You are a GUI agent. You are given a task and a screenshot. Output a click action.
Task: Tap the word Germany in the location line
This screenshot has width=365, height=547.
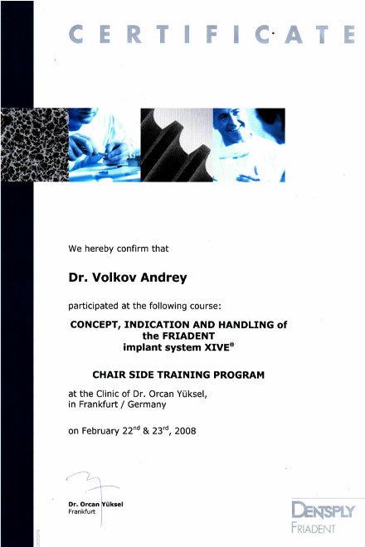pos(147,404)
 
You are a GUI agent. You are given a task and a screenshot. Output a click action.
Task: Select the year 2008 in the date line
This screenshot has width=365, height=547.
pos(185,431)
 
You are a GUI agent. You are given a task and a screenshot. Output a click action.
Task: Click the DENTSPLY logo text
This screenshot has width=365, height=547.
pos(323,510)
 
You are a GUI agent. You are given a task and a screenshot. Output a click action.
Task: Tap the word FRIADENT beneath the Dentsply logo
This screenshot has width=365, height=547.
pos(313,528)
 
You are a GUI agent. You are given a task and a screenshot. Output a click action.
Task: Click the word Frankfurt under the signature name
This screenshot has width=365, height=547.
pos(82,511)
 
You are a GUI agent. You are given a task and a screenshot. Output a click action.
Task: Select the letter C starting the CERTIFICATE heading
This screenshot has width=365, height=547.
pos(75,35)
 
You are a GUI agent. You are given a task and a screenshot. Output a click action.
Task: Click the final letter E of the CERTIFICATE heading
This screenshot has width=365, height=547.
pos(349,35)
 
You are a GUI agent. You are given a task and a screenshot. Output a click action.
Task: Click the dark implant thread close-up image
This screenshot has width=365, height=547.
pos(177,145)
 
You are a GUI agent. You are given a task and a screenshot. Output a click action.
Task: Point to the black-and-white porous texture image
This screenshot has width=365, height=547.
pos(35,145)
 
